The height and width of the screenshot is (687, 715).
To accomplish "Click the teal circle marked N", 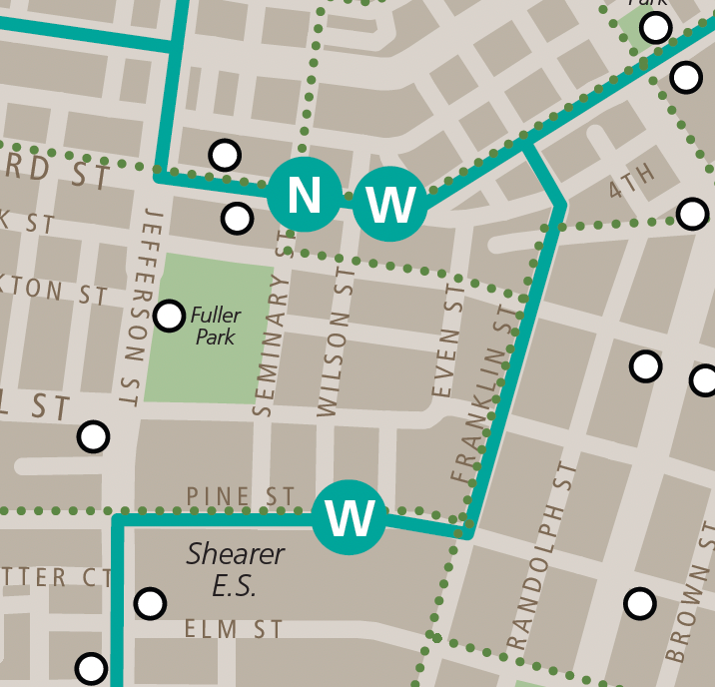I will [x=305, y=194].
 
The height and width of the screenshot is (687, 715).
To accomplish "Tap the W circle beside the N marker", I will [x=389, y=205].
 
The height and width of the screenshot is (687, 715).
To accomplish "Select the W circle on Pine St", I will [x=350, y=517].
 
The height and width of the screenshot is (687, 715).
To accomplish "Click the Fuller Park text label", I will [x=216, y=327].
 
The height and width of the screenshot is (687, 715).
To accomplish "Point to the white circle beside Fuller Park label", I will [x=170, y=317].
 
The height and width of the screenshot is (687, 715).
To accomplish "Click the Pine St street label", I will [x=241, y=496].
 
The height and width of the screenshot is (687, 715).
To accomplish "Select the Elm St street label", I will [x=234, y=629].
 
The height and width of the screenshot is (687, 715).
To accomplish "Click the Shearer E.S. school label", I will [x=236, y=570].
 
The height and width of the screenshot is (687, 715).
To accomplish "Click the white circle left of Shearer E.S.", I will [x=150, y=603].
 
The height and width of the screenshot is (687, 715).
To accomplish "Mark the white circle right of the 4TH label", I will [x=692, y=213].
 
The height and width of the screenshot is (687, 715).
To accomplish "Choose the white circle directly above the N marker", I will [x=225, y=155].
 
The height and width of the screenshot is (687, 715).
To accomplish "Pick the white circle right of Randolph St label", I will [x=640, y=603].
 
